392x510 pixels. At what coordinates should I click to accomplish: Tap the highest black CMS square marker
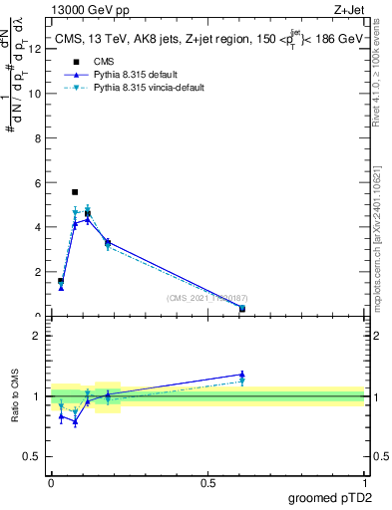(x=75, y=191)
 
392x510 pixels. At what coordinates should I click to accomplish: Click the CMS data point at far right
(x=242, y=309)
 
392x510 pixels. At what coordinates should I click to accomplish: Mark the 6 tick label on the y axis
(x=36, y=182)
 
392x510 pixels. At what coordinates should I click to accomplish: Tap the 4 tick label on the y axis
(x=36, y=227)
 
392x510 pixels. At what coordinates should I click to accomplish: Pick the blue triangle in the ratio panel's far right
(x=242, y=375)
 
